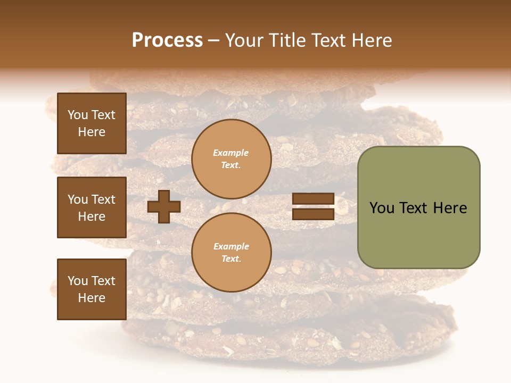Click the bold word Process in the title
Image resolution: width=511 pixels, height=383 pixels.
tap(167, 40)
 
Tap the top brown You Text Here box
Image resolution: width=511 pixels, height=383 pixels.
tap(92, 123)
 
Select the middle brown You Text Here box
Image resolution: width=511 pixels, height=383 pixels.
tap(92, 207)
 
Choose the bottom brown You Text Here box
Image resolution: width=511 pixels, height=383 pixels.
tap(92, 289)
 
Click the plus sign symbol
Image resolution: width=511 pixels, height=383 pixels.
tap(164, 206)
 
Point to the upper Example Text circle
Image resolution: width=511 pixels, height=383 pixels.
tap(231, 159)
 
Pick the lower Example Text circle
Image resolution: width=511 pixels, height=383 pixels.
tap(231, 253)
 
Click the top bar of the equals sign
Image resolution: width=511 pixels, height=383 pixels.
tap(313, 199)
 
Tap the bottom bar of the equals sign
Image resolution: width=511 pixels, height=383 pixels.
tap(313, 214)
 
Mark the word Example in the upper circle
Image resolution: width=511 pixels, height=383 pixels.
tap(231, 153)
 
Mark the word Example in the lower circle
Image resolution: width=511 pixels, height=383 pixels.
tap(231, 246)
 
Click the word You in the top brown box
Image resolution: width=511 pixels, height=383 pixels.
tap(78, 115)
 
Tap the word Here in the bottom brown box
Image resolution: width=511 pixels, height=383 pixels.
tap(92, 298)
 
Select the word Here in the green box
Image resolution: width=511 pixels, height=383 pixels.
tap(450, 208)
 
